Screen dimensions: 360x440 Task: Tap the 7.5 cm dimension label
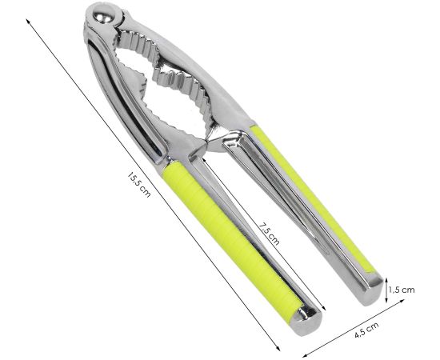(x=270, y=230)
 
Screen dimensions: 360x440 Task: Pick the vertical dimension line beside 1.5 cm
(x=388, y=289)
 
